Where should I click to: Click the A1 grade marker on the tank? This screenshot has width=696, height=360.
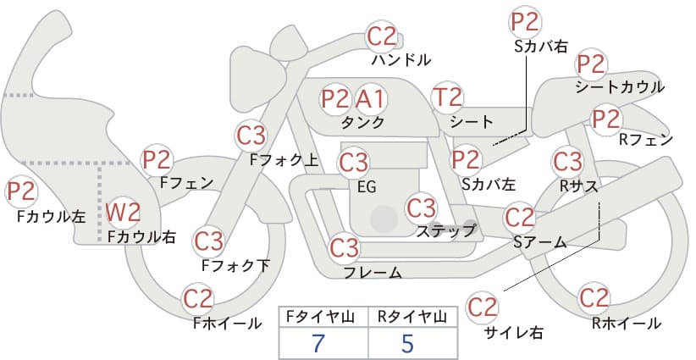tap(370, 99)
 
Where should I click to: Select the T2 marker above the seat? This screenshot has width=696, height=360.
tap(447, 97)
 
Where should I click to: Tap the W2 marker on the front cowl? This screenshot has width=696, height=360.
tap(123, 213)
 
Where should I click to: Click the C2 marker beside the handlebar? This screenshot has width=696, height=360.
tap(382, 36)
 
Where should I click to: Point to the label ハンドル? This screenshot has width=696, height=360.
tap(400, 60)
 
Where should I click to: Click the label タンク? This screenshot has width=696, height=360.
tap(362, 122)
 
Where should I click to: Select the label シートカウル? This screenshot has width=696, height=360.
tap(620, 87)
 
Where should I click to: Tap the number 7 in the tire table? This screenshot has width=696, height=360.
tap(318, 343)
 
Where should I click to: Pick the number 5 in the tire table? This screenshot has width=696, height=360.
tap(407, 343)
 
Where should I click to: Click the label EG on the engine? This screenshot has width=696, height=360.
tap(367, 187)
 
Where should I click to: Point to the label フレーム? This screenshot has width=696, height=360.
tap(373, 272)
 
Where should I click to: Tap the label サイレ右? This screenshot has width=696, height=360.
tap(514, 332)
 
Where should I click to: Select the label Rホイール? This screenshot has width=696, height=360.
tap(627, 324)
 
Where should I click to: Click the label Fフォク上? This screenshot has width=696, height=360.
tap(284, 160)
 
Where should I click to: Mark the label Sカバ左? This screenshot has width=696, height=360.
tap(489, 184)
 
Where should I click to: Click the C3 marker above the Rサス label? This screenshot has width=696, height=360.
tap(567, 162)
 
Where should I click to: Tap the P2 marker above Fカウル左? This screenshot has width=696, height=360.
tap(21, 191)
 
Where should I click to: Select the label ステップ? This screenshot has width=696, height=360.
tap(445, 231)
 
